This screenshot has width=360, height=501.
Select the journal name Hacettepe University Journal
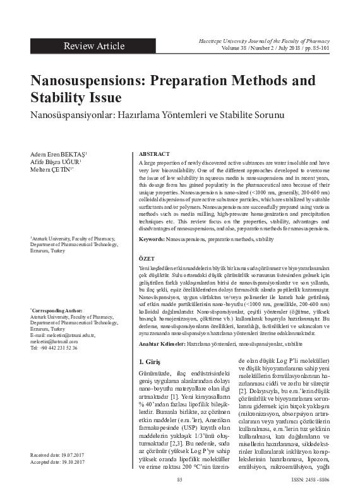(x=269, y=40)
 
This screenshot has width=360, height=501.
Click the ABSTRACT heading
(x=153, y=154)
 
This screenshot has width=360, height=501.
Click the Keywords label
(x=152, y=240)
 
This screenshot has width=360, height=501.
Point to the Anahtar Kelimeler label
(x=162, y=343)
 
